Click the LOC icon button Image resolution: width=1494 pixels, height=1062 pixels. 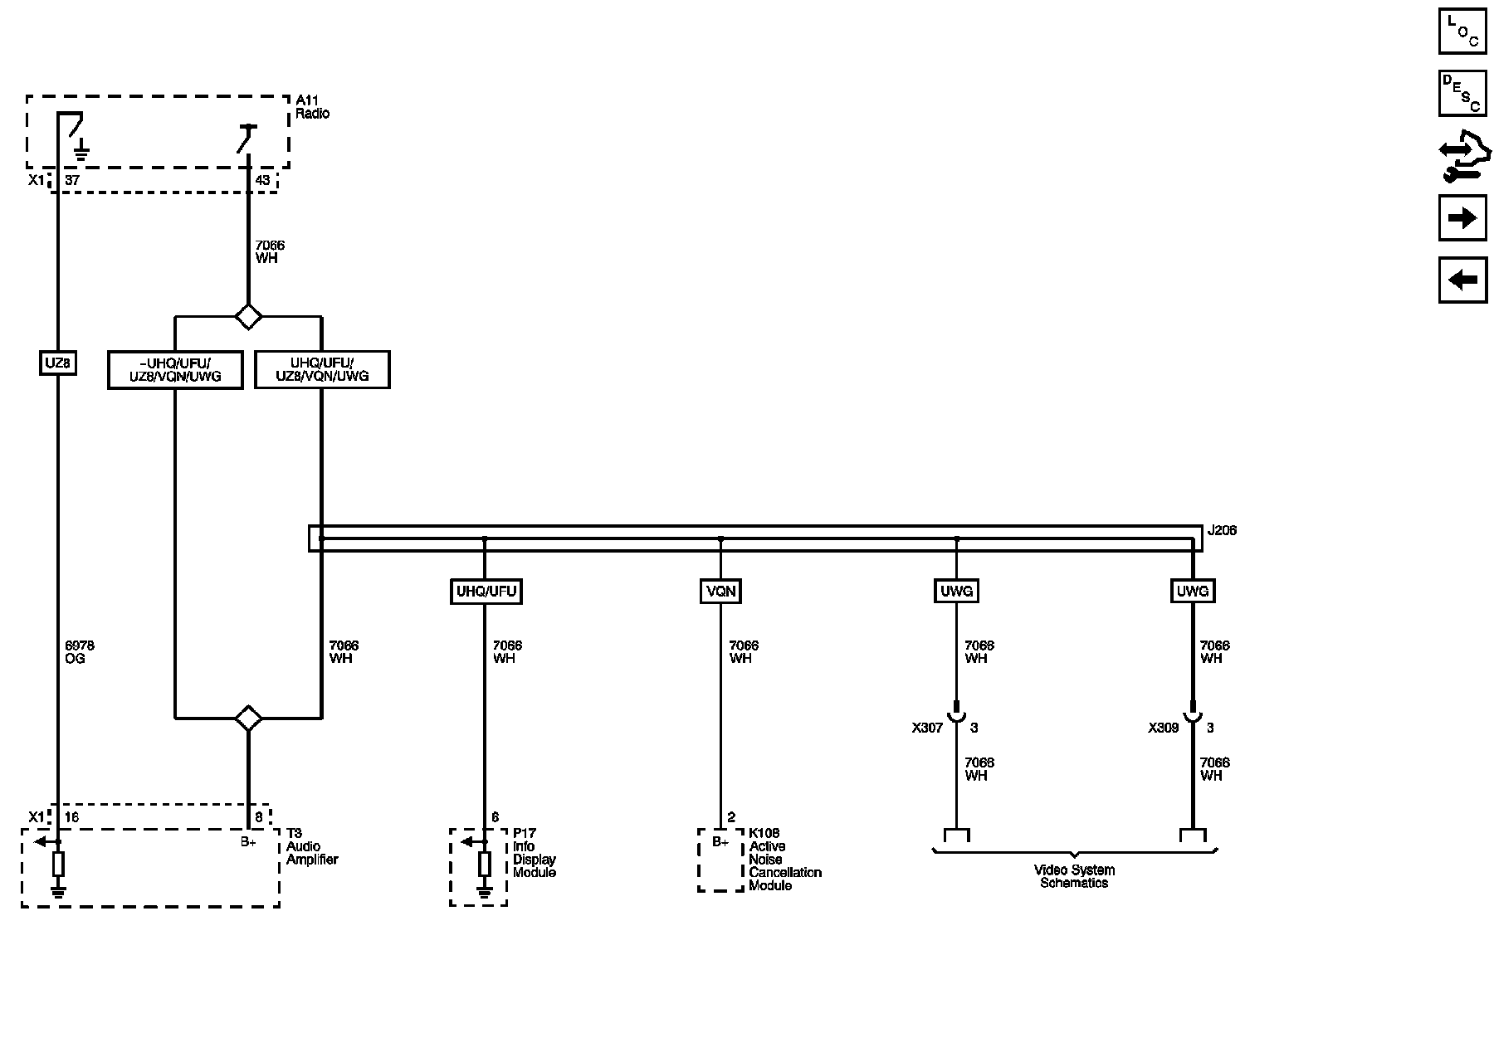[x=1462, y=31]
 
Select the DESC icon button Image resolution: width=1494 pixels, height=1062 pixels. [x=1462, y=93]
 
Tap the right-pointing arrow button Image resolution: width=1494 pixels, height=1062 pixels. [x=1462, y=218]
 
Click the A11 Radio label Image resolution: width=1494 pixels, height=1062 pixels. [x=312, y=107]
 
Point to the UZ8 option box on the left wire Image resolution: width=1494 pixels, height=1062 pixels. [x=58, y=363]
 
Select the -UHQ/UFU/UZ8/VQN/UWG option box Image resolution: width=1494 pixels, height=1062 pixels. [x=175, y=370]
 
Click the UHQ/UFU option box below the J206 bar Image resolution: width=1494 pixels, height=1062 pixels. [x=486, y=592]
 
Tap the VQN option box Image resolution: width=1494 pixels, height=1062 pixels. [x=720, y=592]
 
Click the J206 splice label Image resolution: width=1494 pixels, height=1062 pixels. [x=1222, y=530]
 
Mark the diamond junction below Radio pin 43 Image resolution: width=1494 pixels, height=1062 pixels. [x=248, y=316]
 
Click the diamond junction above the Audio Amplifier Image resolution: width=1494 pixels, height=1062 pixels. [x=248, y=719]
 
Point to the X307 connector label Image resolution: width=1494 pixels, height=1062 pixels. [x=927, y=728]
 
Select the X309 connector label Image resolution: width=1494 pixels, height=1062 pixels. [x=1163, y=728]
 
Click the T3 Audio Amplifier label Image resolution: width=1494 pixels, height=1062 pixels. [x=311, y=846]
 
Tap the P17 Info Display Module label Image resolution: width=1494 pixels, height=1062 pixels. [x=534, y=853]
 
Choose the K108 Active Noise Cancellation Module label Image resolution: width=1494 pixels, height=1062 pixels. [x=784, y=860]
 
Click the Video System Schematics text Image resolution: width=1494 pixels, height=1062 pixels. [x=1074, y=876]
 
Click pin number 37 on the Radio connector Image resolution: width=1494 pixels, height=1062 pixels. [x=72, y=180]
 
